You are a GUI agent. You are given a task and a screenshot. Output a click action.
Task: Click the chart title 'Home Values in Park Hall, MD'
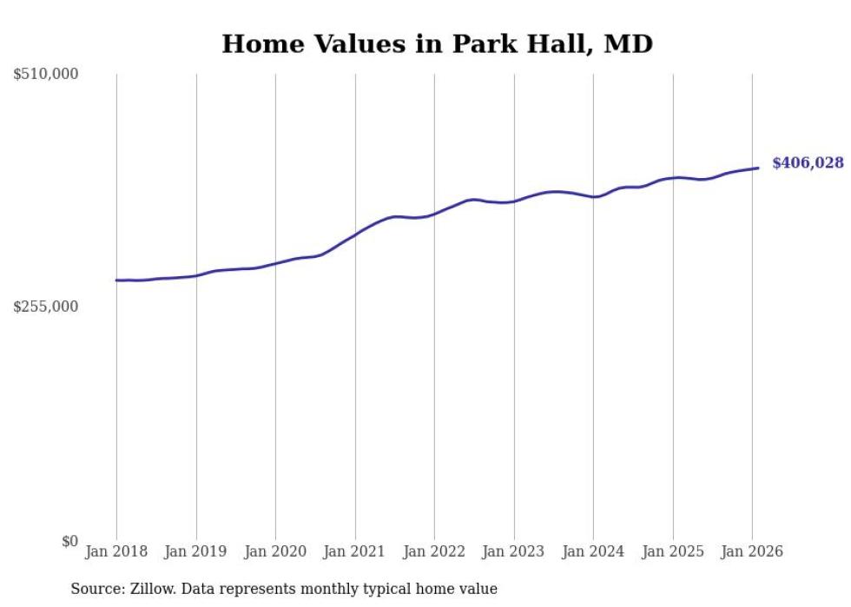tap(437, 43)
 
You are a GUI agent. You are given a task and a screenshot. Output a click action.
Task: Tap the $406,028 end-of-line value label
tap(808, 162)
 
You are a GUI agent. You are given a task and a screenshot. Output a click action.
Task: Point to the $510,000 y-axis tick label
tap(46, 75)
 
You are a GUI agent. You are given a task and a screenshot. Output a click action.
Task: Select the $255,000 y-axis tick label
tap(46, 307)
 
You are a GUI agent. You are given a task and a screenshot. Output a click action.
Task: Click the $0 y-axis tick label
tap(69, 541)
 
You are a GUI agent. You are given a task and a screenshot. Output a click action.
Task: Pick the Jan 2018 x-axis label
tap(116, 551)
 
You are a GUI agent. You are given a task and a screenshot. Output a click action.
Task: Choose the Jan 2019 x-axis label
tap(196, 551)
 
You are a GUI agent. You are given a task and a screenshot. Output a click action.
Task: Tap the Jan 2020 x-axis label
tap(275, 551)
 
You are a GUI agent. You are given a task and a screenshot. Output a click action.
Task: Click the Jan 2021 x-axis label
tap(355, 551)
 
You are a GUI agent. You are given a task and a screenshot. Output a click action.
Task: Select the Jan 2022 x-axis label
tap(434, 551)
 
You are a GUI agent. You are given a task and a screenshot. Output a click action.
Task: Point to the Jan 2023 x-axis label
tap(514, 551)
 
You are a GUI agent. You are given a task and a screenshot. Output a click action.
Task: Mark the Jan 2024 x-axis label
tap(593, 551)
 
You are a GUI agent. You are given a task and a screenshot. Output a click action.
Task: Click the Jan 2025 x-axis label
tap(673, 551)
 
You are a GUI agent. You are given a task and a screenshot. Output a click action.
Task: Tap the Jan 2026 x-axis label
tap(752, 551)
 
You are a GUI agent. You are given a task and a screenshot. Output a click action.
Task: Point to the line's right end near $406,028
tap(758, 168)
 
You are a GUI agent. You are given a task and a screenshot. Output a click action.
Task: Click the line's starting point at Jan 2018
tap(116, 280)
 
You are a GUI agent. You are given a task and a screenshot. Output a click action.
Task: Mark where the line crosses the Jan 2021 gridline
tap(355, 234)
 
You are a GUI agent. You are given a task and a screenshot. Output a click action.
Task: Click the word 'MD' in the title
tap(628, 43)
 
